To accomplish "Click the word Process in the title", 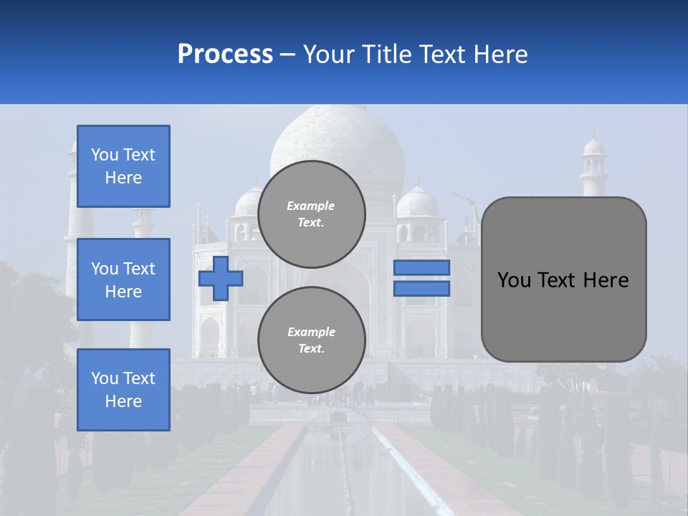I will click(x=225, y=54).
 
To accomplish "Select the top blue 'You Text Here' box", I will click(x=123, y=166).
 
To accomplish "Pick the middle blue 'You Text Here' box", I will click(x=123, y=279).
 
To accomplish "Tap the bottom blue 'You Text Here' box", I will click(x=123, y=390).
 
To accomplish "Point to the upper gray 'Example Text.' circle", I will click(x=312, y=214).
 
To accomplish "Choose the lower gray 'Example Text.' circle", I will click(x=312, y=340).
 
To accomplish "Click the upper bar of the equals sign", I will click(x=421, y=267).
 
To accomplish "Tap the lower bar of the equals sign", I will click(x=421, y=289).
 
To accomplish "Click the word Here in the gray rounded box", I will click(x=606, y=280).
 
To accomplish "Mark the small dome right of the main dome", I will click(x=418, y=203).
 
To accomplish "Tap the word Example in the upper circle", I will click(x=311, y=206).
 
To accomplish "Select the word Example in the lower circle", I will click(x=311, y=333).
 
